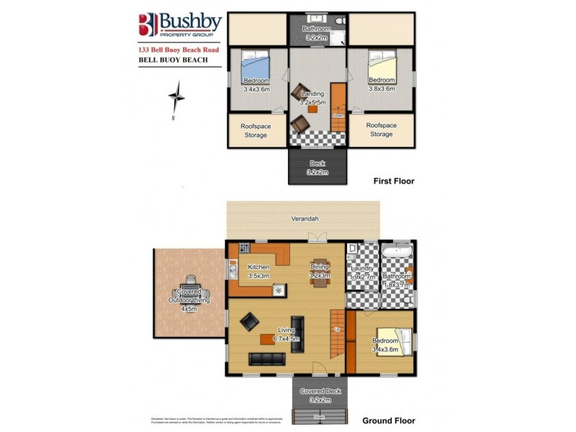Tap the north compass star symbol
point(176,95)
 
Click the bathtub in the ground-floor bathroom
point(397,253)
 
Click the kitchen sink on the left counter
point(233,269)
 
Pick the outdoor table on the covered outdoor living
point(189,292)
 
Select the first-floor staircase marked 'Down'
point(338,108)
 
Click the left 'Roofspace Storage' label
point(255,130)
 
